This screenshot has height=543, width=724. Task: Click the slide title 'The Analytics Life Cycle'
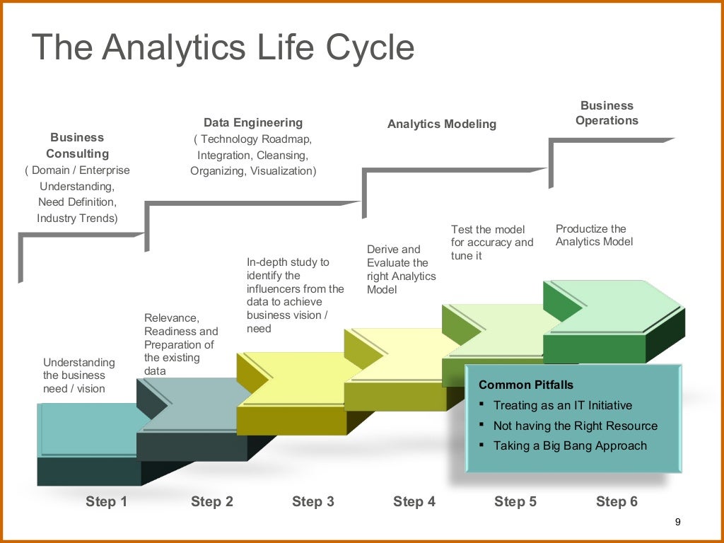[223, 48]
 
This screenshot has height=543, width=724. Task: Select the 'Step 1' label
[106, 501]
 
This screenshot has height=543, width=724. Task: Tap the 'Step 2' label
[211, 501]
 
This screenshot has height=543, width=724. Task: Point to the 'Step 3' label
[313, 501]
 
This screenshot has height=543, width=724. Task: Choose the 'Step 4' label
[414, 501]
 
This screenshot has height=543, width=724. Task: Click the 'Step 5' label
[515, 501]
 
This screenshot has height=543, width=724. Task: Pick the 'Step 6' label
[617, 501]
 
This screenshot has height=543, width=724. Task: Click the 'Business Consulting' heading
[77, 146]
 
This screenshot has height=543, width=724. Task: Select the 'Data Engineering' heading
[253, 122]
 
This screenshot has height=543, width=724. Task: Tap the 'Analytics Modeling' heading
[442, 124]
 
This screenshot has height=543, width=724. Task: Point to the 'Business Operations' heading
[607, 113]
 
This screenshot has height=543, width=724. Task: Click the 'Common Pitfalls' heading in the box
[526, 385]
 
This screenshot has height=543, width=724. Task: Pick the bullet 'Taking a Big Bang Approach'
[569, 445]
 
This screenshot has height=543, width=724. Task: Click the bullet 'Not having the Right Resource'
[575, 426]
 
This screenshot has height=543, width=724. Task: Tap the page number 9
[677, 522]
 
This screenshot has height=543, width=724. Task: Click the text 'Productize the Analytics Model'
[594, 235]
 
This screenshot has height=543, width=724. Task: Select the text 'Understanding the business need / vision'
[78, 375]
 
